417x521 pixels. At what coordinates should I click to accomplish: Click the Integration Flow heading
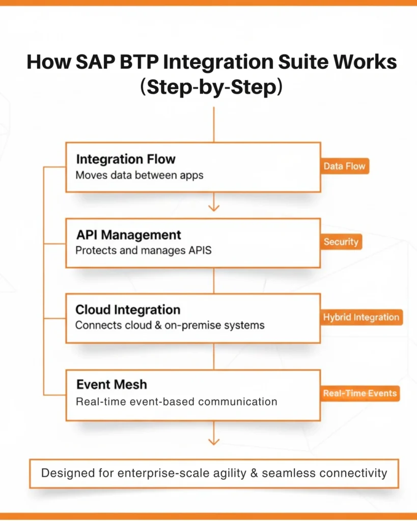126,159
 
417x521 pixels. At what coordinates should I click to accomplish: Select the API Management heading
128,235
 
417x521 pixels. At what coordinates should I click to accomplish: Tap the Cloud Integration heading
128,310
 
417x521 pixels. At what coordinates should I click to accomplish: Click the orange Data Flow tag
345,166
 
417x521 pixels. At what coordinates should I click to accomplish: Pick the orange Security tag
341,242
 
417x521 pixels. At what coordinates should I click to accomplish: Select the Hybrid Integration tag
360,317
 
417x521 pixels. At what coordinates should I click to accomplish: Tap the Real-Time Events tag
359,393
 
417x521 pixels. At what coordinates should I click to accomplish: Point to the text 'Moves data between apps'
140,176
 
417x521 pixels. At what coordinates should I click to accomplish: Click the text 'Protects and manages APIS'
143,251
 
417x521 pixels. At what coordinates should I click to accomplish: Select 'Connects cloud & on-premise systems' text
170,326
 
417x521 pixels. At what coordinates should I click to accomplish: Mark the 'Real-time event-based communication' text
176,401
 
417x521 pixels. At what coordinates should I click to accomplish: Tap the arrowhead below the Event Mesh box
214,441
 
